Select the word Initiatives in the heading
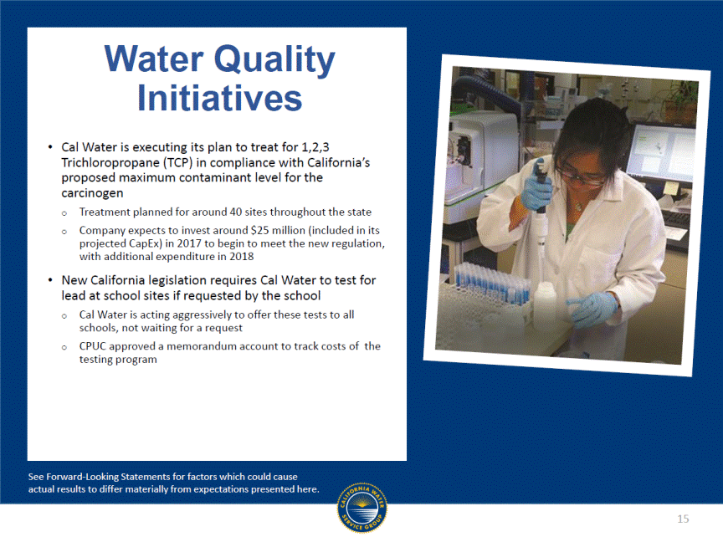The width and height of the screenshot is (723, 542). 219,98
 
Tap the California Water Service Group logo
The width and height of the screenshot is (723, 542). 362,508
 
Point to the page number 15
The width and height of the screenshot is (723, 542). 683,519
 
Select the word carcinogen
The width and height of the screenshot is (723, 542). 92,193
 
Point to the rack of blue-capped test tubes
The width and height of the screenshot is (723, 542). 491,283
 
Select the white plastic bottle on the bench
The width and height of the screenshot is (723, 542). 545,304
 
